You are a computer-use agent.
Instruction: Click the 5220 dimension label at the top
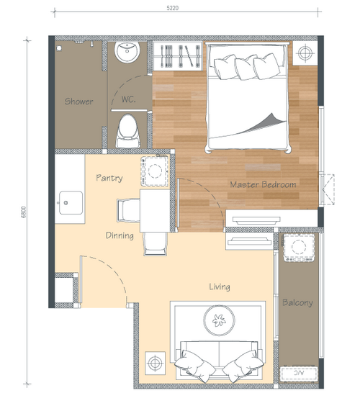(x=173, y=8)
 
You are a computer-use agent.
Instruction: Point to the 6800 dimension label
(x=24, y=212)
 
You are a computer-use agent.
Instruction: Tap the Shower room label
(x=78, y=101)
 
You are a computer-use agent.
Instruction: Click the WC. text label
(x=128, y=99)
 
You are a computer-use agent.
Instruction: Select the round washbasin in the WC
(x=127, y=52)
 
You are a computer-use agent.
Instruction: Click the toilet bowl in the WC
(x=128, y=131)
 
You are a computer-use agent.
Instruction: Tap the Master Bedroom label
(x=263, y=184)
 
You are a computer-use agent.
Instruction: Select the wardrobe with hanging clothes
(x=177, y=56)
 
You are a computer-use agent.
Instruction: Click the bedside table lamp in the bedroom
(x=305, y=53)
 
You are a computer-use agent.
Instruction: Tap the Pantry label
(x=109, y=178)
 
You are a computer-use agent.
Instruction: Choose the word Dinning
(x=120, y=235)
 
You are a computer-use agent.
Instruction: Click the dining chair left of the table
(x=128, y=210)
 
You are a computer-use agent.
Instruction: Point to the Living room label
(x=220, y=287)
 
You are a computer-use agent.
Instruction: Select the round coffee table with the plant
(x=219, y=320)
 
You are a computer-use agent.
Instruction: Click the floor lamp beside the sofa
(x=155, y=363)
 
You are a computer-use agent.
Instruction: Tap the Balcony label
(x=297, y=302)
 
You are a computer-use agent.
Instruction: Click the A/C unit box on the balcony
(x=299, y=373)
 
